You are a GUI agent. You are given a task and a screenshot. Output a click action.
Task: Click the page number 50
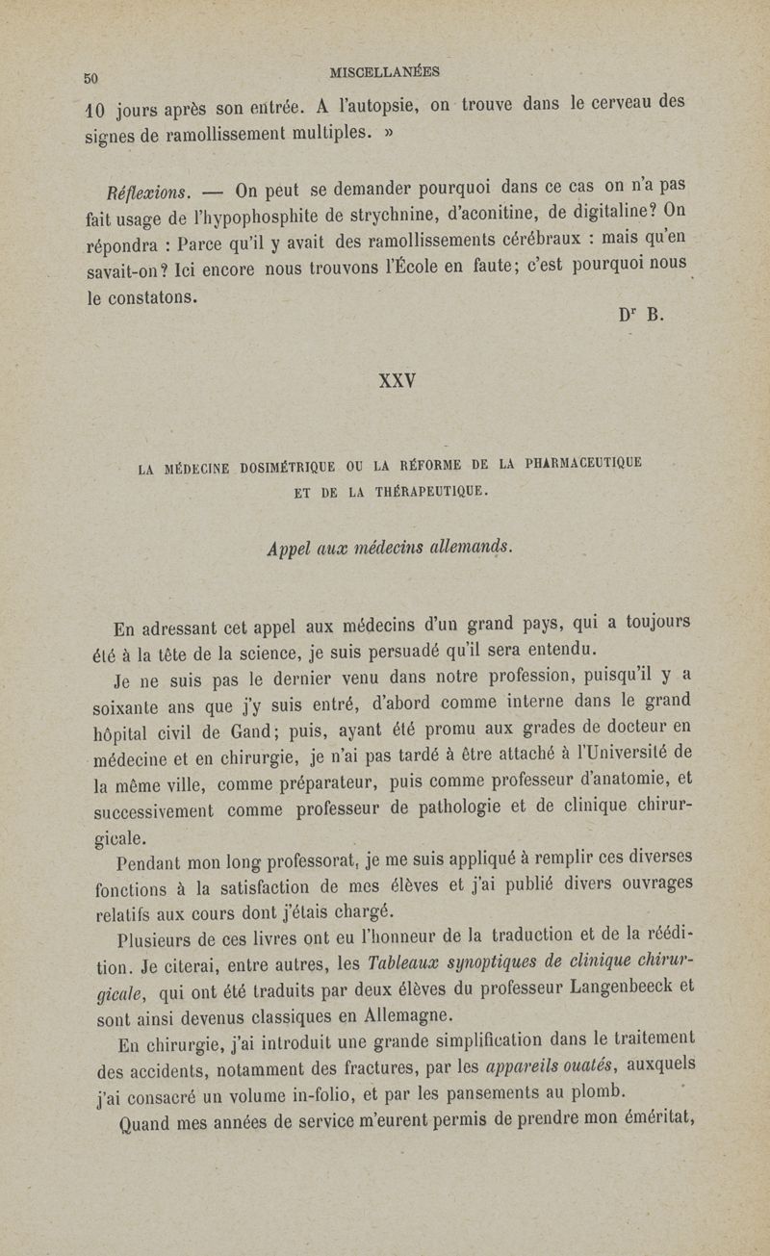pos(92,79)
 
